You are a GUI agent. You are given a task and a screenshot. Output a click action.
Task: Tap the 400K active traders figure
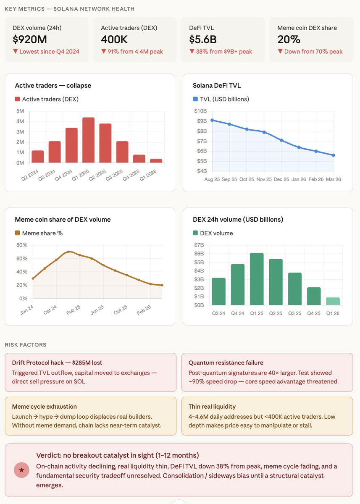point(115,39)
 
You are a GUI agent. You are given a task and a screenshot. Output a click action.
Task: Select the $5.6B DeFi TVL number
point(203,39)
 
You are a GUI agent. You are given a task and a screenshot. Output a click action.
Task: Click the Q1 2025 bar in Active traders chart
point(88,140)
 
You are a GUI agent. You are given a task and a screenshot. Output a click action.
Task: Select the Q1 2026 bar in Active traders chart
point(156,160)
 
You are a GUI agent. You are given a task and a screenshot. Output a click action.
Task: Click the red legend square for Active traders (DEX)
point(17,99)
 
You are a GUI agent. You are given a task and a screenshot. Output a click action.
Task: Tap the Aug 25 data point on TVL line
point(212,120)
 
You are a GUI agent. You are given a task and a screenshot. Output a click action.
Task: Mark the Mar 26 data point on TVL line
point(333,155)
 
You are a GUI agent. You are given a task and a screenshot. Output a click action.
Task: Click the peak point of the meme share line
point(68,252)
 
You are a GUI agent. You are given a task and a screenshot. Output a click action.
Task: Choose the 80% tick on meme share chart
point(22,245)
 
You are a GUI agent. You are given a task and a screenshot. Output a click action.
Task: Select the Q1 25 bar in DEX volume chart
point(256,279)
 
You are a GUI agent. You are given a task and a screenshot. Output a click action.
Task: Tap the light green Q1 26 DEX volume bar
point(333,301)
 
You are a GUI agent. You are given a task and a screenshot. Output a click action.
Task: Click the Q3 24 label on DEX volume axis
point(218,313)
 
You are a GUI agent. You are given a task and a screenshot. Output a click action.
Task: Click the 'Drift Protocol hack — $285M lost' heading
point(57,362)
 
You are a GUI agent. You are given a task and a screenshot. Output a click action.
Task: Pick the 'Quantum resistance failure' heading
point(226,362)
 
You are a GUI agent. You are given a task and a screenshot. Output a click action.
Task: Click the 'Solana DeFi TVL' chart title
point(217,85)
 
